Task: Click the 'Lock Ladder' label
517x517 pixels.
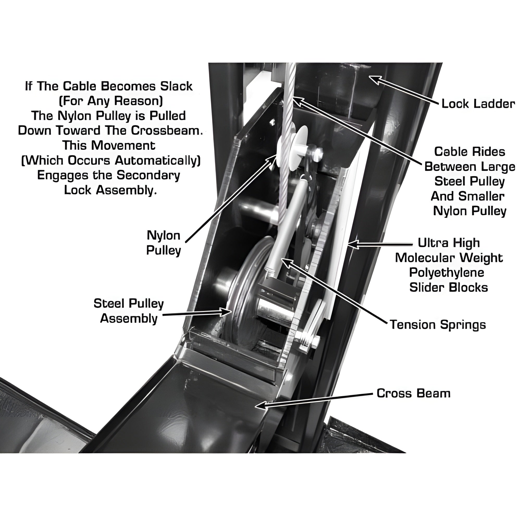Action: point(478,104)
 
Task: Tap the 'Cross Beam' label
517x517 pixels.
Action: point(414,393)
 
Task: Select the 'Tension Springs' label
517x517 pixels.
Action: point(438,325)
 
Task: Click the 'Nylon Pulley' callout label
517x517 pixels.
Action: point(163,243)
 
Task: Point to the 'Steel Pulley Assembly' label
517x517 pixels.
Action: point(129,311)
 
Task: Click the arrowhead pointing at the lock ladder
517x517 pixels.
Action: point(375,79)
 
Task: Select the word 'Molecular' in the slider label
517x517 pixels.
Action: point(422,258)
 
